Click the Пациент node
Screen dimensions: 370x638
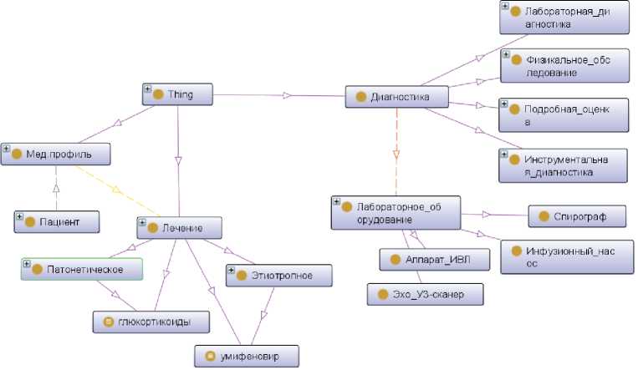point(57,222)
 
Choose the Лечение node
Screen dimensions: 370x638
point(181,227)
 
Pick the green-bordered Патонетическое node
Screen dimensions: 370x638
point(81,269)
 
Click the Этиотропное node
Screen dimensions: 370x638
point(279,276)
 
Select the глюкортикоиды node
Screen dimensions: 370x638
point(151,322)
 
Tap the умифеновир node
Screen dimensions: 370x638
point(247,357)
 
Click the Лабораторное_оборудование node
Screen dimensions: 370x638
point(396,213)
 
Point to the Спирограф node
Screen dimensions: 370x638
point(578,217)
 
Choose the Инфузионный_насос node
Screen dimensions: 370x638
point(565,256)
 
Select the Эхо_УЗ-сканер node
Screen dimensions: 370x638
point(425,294)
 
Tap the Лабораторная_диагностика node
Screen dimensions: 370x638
point(564,18)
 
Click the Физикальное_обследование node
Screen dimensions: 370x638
point(564,66)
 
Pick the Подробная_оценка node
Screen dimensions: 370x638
point(564,115)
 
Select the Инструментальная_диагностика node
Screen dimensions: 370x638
point(564,165)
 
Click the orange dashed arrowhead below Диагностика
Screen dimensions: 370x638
point(396,155)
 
